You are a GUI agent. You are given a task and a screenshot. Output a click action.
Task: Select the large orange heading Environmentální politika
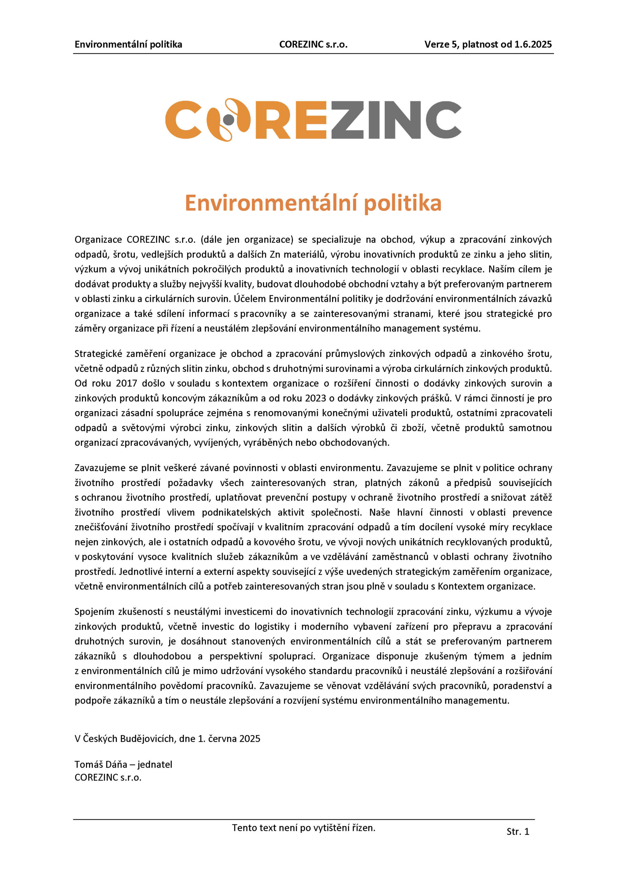pos(313,203)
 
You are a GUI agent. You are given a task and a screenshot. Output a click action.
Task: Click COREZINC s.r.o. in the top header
pos(313,44)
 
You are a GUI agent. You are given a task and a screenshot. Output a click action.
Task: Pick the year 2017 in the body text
pos(127,383)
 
